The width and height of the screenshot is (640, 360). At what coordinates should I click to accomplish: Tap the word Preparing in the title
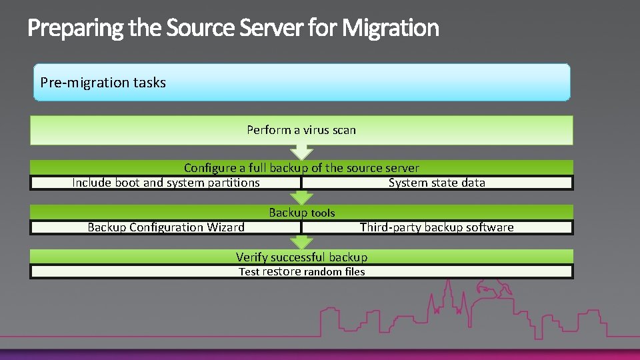pos(65,28)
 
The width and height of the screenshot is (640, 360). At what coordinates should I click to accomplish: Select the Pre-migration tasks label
pos(103,83)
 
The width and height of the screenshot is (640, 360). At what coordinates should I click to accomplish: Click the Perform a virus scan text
pos(301,130)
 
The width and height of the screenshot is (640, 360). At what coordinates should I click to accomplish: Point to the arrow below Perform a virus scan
pos(302,152)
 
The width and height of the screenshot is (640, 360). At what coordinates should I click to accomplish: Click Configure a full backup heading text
pos(301,168)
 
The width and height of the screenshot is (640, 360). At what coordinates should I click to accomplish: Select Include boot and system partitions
pos(165,183)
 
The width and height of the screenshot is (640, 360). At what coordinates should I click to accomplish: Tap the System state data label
pos(437,183)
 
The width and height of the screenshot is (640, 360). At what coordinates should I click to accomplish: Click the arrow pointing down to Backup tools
pos(302,197)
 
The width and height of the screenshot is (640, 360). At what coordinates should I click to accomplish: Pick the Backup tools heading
pos(301,213)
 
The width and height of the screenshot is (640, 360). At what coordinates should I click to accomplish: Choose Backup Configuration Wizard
pos(165,227)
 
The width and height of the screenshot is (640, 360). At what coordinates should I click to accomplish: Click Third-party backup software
pos(437,227)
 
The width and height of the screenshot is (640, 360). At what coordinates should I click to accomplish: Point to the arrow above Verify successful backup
pos(302,242)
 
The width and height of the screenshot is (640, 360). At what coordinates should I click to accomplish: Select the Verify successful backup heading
pos(301,257)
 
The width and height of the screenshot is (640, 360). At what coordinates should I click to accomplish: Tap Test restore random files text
pos(301,271)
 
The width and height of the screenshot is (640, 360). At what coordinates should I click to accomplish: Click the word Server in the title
pos(267,28)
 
